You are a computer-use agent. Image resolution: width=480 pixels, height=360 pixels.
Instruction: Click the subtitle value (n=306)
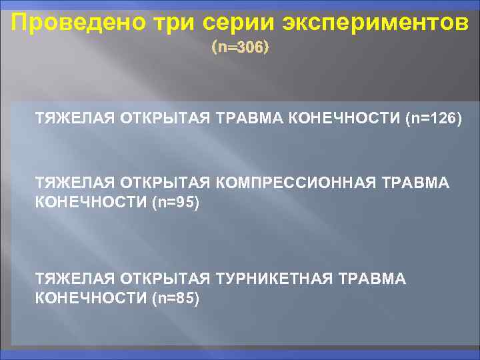(x=240, y=48)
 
